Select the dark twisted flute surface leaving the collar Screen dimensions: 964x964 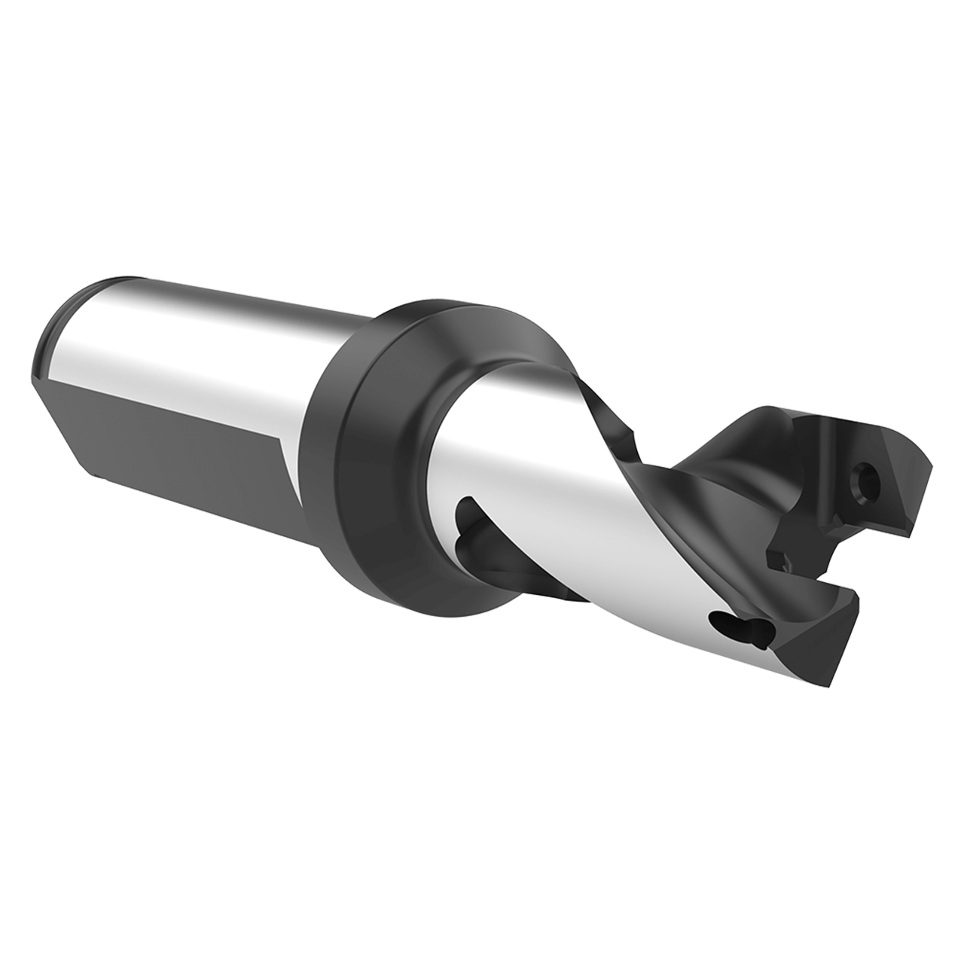click(602, 414)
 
